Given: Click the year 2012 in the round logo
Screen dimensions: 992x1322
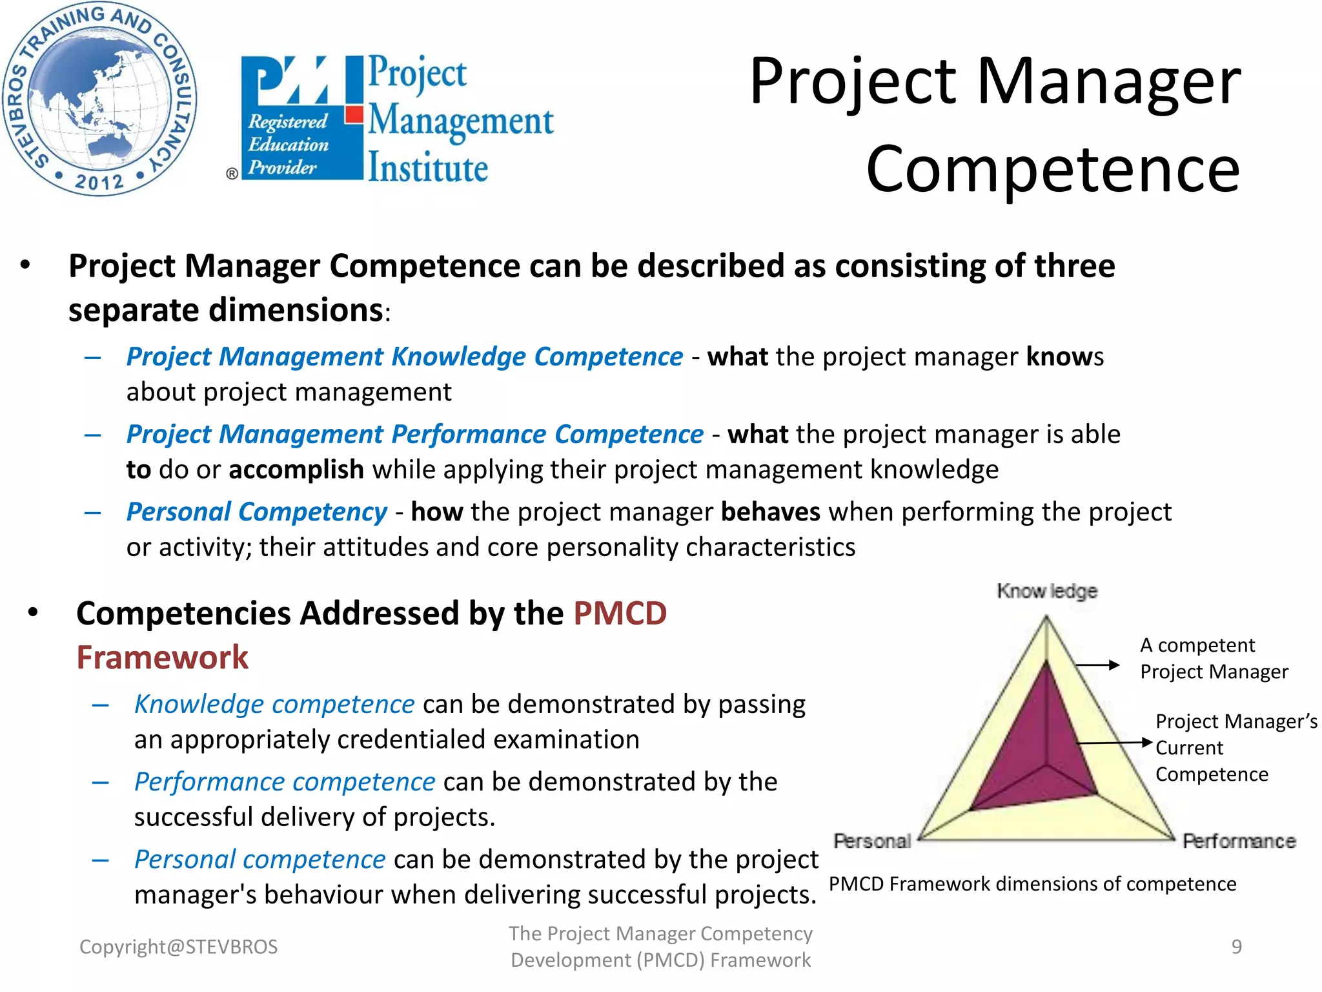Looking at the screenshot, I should [99, 181].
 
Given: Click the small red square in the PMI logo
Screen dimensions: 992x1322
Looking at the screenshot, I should [354, 114].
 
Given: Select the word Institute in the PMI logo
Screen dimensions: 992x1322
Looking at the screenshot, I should [428, 168].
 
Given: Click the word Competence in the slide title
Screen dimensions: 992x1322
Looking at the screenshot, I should [1052, 169].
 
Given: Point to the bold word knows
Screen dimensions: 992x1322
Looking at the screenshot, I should [1064, 356].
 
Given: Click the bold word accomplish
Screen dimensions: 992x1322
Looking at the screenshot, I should [296, 470].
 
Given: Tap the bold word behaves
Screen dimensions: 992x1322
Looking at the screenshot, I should [770, 512].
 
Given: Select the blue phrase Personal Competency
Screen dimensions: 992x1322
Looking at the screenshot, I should [256, 512].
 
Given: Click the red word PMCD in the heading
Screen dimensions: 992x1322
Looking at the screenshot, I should [620, 613].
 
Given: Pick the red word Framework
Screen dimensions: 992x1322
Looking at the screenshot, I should [162, 657].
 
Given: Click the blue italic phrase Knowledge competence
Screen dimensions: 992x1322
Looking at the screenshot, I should [274, 704].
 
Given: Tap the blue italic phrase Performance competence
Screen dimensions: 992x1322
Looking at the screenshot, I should [285, 781].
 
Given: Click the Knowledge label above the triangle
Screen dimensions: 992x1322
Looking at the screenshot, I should [1046, 591].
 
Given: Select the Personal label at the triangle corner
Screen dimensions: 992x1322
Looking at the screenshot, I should [871, 841].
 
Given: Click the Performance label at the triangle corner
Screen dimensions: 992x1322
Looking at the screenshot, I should [1239, 841].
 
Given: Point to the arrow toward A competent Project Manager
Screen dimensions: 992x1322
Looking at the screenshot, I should [1097, 665].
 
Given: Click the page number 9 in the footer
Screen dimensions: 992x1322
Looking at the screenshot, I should [1236, 947].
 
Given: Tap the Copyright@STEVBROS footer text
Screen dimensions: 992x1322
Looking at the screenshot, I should [178, 947].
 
